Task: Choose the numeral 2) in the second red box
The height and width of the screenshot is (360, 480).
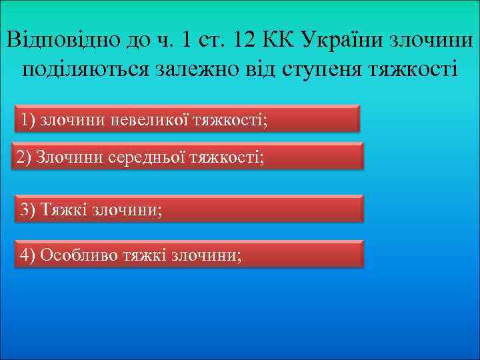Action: [x=24, y=158]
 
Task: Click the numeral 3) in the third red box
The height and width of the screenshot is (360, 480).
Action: [x=29, y=209]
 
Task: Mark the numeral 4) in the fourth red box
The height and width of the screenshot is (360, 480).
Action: [x=29, y=255]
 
